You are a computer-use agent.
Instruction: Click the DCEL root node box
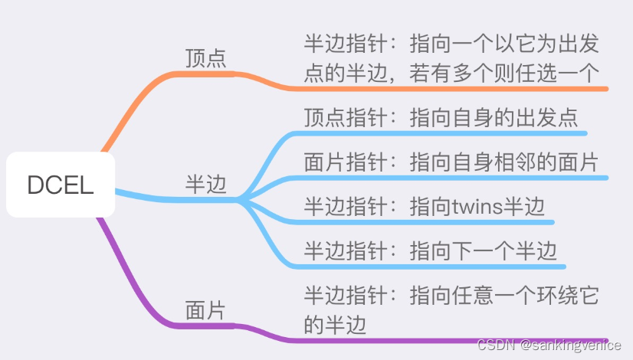pyautogui.click(x=61, y=185)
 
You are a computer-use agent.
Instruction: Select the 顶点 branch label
pyautogui.click(x=206, y=58)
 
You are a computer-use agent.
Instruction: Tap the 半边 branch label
pyautogui.click(x=206, y=185)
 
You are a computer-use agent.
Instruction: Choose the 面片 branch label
pyautogui.click(x=206, y=310)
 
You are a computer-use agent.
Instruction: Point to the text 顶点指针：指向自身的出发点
pyautogui.click(x=441, y=118)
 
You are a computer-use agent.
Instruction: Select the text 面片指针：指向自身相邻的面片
pyautogui.click(x=451, y=162)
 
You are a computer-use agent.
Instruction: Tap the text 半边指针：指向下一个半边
pyautogui.click(x=430, y=250)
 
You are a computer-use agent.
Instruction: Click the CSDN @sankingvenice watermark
pyautogui.click(x=549, y=346)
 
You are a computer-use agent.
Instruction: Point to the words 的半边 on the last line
pyautogui.click(x=335, y=324)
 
